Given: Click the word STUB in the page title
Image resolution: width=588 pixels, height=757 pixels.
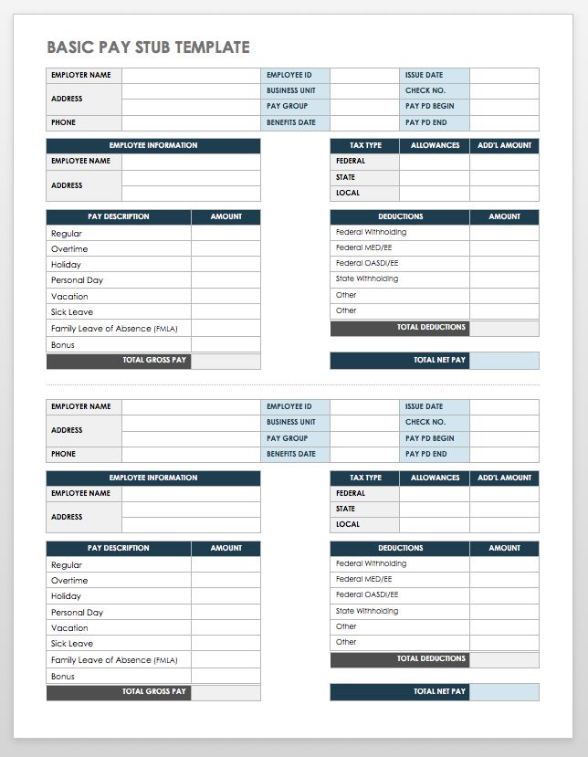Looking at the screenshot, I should point(150,47).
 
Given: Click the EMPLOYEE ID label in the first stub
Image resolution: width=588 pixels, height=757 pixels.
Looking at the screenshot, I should point(289,75).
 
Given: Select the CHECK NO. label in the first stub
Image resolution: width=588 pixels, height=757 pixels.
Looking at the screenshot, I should point(425,90).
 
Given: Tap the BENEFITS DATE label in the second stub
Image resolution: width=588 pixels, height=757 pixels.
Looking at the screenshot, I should point(290,454).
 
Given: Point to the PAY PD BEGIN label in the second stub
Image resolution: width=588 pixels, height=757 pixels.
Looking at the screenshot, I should point(429,438).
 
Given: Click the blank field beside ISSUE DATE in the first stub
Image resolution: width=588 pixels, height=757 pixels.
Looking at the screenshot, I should point(504,75).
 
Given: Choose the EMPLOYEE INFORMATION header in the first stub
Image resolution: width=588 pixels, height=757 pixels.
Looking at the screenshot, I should point(153,145).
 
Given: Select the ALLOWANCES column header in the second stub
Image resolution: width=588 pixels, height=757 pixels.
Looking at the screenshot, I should point(435,478).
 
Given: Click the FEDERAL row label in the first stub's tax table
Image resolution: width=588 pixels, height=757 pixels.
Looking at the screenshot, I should point(351,161).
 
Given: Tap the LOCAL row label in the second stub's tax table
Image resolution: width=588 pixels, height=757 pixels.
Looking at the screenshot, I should point(348,524).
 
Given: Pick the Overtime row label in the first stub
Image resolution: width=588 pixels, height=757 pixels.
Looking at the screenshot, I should point(69,249).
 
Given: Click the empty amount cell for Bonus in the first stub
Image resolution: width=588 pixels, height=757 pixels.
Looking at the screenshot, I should point(226,345).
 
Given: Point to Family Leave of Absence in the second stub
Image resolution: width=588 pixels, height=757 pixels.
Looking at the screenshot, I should point(113,660).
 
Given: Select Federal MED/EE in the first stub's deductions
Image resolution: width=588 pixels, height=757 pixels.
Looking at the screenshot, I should point(363,247).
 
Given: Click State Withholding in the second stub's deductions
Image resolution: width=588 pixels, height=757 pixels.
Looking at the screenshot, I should point(367,611).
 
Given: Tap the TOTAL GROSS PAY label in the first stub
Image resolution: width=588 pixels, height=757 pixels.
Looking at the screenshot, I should point(154,361).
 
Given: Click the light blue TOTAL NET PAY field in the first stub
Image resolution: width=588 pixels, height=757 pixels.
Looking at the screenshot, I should point(504,361).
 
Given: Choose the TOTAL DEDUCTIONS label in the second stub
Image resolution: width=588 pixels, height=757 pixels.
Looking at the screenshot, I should point(431,658).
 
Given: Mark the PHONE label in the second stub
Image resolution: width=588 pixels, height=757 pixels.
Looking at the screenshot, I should point(63,454).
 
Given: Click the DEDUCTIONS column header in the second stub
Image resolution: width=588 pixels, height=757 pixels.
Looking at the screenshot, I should point(400,548).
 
